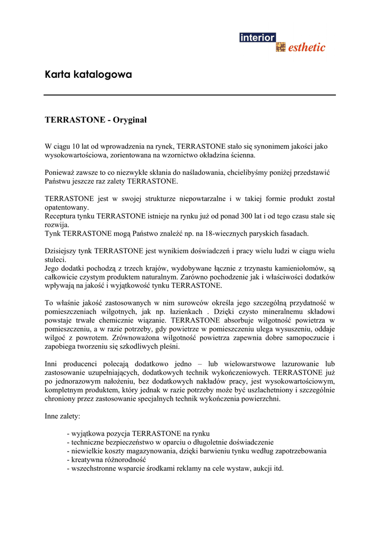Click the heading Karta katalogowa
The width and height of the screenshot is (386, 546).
(x=88, y=75)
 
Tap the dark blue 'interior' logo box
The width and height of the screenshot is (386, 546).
(x=258, y=38)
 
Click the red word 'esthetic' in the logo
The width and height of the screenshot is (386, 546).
(x=307, y=47)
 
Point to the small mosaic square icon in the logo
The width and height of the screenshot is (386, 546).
(x=280, y=47)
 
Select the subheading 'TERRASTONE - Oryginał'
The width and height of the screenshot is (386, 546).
(x=95, y=120)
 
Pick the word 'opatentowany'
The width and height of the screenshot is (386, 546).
(x=67, y=207)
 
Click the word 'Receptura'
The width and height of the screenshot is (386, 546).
(x=61, y=216)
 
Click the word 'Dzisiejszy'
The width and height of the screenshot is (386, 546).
(x=61, y=251)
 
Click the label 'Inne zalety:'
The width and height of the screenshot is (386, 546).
(x=62, y=416)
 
